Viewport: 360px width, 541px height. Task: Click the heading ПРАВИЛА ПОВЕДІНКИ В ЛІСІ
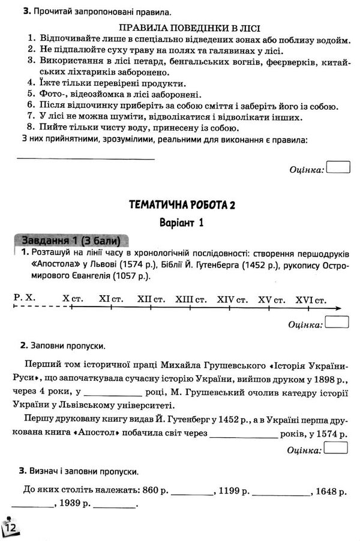[179, 28]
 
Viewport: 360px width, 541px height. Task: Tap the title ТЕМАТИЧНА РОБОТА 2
[182, 205]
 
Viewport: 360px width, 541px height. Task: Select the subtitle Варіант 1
[182, 223]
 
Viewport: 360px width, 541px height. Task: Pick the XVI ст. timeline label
[313, 298]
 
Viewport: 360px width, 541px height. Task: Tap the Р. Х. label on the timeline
[24, 298]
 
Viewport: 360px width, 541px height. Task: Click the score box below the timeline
[338, 323]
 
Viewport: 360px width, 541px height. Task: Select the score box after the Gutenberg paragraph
[338, 448]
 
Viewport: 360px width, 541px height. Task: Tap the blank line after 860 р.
[192, 494]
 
